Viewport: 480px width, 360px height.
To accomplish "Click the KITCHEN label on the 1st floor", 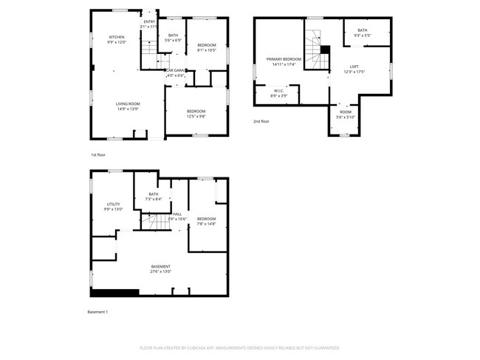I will [x=117, y=37].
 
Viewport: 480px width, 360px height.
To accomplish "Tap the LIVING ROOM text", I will [x=127, y=103].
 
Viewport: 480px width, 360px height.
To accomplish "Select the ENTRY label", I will [x=150, y=22].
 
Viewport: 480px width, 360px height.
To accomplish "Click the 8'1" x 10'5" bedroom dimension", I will [x=206, y=50].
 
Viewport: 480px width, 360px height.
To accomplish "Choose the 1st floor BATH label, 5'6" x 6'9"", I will [x=173, y=35].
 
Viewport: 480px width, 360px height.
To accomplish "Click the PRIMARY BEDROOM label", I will [x=284, y=58].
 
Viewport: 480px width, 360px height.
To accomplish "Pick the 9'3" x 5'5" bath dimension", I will [x=362, y=35].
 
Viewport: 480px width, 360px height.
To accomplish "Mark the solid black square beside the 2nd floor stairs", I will [x=324, y=50].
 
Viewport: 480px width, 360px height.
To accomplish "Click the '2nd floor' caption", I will [x=261, y=120].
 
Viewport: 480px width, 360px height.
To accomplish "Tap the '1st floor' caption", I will [x=98, y=154].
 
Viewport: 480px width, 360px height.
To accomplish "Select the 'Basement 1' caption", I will [x=97, y=312].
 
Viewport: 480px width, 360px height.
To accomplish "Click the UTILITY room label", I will [x=113, y=204].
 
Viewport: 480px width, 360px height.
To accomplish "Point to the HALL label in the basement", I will [x=177, y=214].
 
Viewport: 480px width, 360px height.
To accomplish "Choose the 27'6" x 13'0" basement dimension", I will [x=161, y=271].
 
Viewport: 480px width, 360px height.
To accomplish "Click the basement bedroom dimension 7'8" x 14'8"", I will [x=206, y=223].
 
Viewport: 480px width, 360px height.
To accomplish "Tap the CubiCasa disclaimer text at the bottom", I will [x=240, y=347].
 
